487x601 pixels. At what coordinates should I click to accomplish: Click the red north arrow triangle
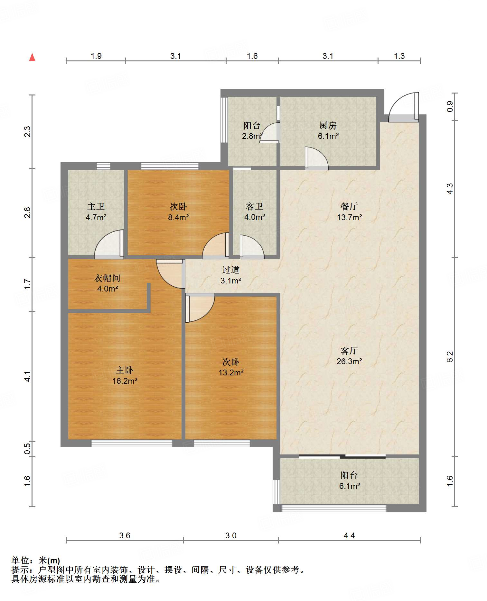coord(32,57)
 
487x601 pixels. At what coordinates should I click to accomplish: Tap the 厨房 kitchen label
coord(328,125)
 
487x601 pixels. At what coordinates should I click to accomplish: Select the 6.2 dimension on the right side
coord(450,357)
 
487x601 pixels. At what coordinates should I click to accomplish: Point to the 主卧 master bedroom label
coord(125,370)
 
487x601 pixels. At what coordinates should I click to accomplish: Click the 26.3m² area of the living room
coord(349,361)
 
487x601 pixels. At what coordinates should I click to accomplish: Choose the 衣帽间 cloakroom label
coord(107,278)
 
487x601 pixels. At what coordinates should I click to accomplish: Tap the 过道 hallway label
coord(231,270)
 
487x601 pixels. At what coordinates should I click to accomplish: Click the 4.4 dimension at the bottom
coord(349,535)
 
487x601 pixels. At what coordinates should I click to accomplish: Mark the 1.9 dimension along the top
coord(96,56)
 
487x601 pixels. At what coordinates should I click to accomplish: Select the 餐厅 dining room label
coord(349,206)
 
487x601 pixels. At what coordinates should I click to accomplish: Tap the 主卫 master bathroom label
coord(96,206)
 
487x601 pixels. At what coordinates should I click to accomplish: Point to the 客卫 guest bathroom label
coord(255,206)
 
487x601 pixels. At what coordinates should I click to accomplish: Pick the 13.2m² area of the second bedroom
coord(231,372)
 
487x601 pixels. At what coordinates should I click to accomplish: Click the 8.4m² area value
coord(178,217)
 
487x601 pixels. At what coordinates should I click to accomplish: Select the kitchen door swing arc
coord(317,158)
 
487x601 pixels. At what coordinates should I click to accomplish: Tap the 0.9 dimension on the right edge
coord(450,106)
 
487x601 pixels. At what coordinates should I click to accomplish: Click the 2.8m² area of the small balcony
coord(252,136)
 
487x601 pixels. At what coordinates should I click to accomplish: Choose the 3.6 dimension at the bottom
coord(125,535)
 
